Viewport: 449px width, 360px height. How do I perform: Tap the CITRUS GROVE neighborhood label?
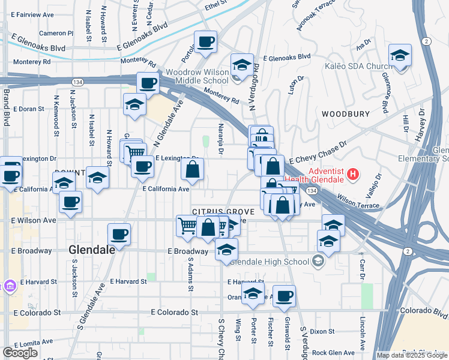point(223,212)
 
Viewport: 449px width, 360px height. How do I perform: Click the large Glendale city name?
point(92,250)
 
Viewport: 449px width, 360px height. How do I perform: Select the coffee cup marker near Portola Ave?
point(206,42)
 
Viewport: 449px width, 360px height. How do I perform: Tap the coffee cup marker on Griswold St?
point(284,295)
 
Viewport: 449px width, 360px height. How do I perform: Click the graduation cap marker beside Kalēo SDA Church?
point(400,55)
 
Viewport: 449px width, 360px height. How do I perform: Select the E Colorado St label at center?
point(174,313)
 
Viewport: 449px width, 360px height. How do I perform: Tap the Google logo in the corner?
point(20,353)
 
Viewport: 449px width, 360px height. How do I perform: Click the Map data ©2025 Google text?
point(412,355)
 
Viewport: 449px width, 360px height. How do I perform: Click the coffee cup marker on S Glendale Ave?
point(119,234)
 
